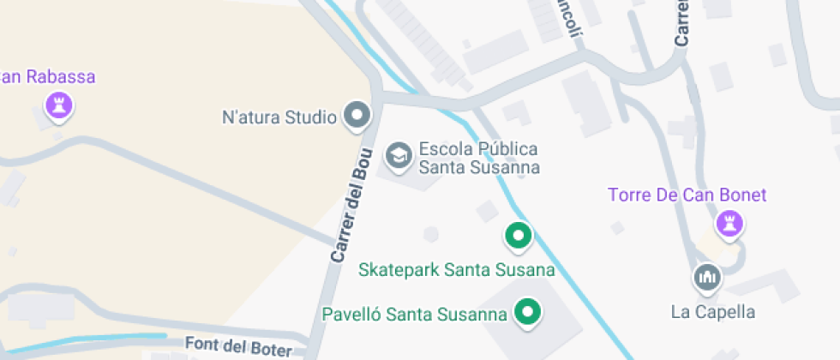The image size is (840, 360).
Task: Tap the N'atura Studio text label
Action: click(x=279, y=117)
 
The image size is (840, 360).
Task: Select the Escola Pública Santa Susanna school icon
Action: click(x=398, y=156)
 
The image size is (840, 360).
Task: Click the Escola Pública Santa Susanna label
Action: click(x=478, y=158)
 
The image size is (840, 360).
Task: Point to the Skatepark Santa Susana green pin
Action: click(x=518, y=235)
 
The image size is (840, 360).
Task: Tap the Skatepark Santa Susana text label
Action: click(x=456, y=270)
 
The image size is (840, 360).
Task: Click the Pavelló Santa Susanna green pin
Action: click(x=529, y=313)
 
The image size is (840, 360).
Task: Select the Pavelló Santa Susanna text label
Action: click(x=414, y=314)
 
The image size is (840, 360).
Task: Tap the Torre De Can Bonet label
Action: click(x=687, y=195)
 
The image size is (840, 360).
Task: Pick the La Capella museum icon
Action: click(x=707, y=277)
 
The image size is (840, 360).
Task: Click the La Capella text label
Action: click(x=712, y=311)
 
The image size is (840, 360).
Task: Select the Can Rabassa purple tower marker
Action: click(x=59, y=106)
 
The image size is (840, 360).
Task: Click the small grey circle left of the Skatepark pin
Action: click(x=430, y=234)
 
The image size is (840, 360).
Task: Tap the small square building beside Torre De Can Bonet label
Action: click(x=617, y=228)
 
